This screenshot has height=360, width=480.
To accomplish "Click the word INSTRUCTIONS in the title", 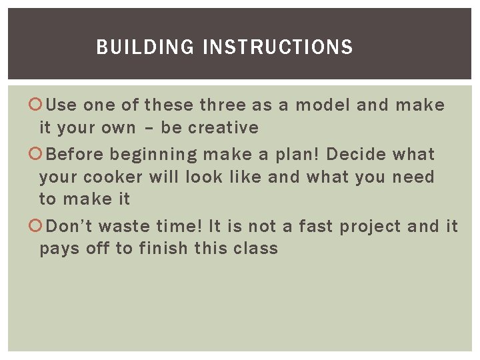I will pos(277,47).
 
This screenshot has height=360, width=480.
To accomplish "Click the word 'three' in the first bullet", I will pos(223,105).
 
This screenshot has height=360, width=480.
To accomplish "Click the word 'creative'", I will pos(225,127).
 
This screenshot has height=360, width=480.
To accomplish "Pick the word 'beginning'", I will pos(153,155).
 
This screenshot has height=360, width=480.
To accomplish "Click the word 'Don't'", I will pos(70,227).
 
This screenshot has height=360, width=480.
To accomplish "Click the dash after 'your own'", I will pos(148,128).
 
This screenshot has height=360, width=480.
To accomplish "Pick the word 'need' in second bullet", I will pos(413,177).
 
